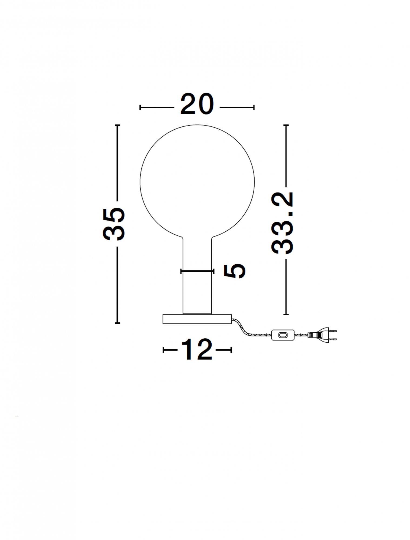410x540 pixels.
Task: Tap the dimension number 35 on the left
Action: point(114,224)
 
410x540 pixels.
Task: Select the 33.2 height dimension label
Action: point(282,223)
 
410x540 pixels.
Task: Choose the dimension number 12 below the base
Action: point(197,349)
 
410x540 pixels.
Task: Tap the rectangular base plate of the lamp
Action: point(197,319)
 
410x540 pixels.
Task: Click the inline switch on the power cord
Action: point(283,335)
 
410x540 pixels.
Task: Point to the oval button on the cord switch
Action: point(283,335)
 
